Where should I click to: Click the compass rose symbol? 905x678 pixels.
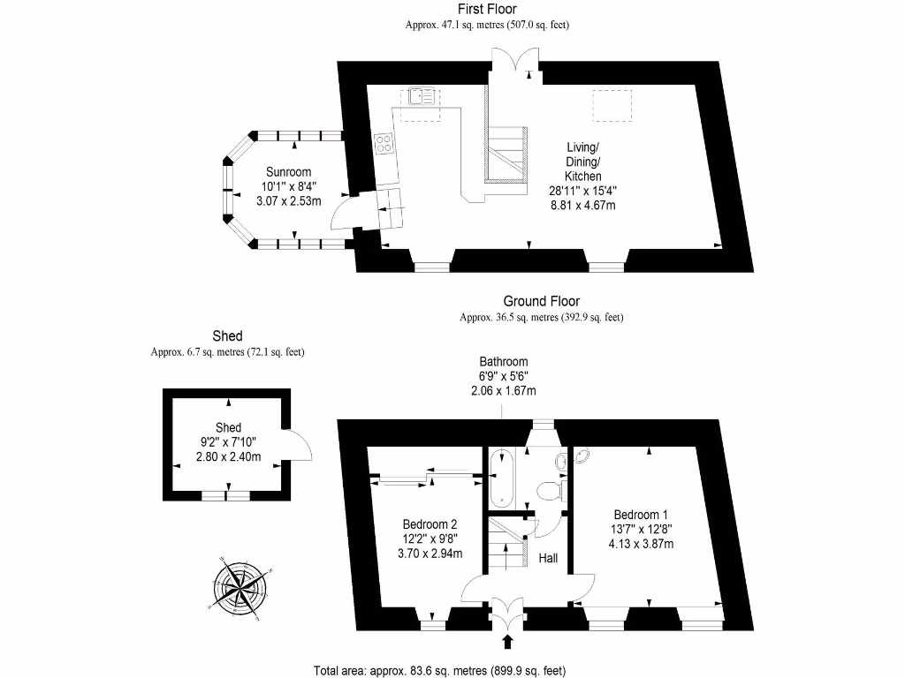(x=240, y=585)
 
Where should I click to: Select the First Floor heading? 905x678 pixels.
(x=486, y=9)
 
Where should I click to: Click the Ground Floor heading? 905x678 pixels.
(x=542, y=301)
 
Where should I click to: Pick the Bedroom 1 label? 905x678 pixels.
(x=641, y=515)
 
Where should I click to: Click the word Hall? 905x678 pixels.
(x=549, y=558)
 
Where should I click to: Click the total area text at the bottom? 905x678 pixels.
(x=439, y=670)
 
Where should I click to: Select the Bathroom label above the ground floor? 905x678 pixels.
(x=504, y=361)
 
